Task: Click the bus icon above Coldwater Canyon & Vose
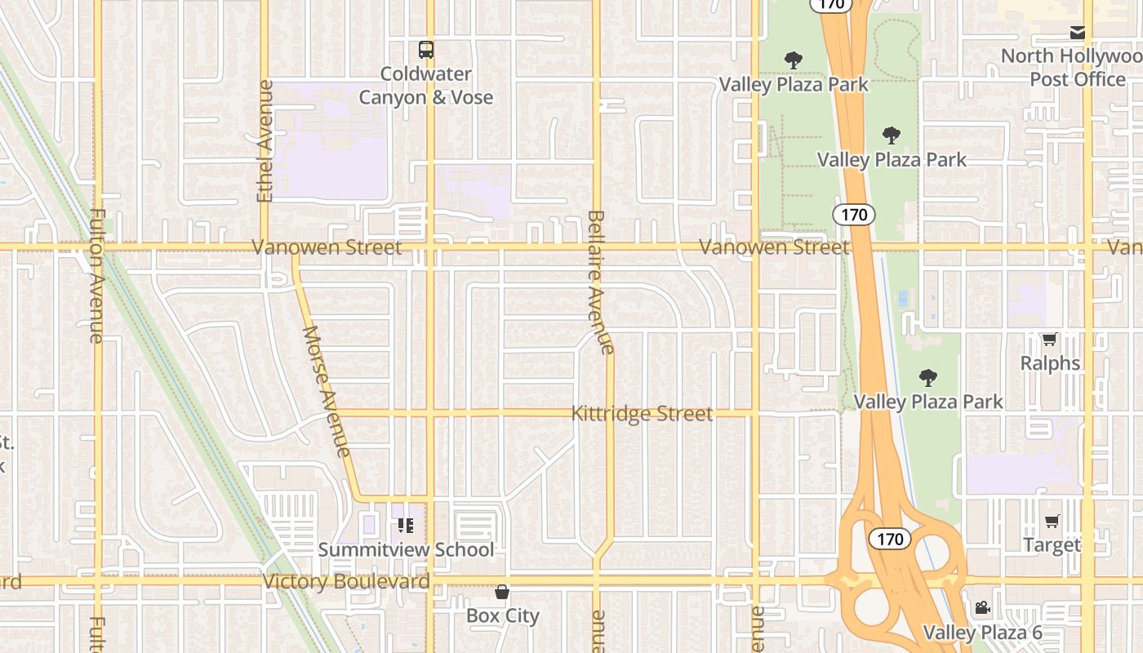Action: [x=426, y=50]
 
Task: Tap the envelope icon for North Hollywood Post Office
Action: [x=1078, y=33]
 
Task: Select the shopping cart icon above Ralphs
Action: [x=1049, y=339]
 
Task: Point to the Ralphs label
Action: [x=1050, y=363]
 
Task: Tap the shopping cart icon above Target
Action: [x=1052, y=521]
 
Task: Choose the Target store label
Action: [x=1052, y=544]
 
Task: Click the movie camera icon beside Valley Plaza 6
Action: [x=982, y=608]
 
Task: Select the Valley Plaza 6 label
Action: [x=982, y=633]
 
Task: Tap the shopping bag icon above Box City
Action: [x=502, y=592]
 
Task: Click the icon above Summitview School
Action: [x=406, y=526]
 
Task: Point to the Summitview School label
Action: [x=406, y=549]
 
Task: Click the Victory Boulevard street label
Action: [x=346, y=582]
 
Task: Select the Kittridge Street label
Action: [x=642, y=414]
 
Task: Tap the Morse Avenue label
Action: [x=327, y=391]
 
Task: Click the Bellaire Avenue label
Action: [x=600, y=282]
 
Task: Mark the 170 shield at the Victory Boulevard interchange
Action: [x=889, y=539]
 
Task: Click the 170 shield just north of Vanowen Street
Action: [x=854, y=215]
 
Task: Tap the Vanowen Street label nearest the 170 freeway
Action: [x=774, y=247]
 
